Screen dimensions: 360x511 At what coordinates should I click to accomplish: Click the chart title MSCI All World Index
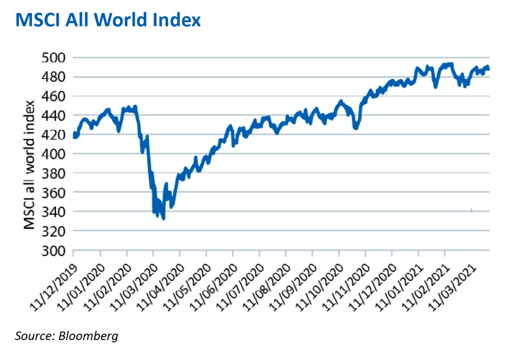(x=108, y=20)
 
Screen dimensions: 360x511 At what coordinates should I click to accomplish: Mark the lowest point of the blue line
(x=163, y=218)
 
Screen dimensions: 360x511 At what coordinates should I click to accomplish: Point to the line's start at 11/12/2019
(x=74, y=135)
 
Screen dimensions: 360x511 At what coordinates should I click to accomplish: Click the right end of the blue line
(x=489, y=69)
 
